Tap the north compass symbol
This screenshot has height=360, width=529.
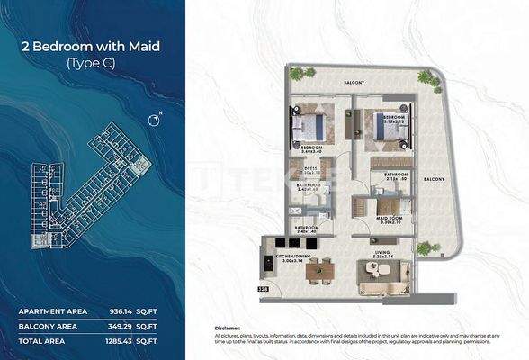pos(155,120)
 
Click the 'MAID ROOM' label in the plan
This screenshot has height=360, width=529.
pos(388,216)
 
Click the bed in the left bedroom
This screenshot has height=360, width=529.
pos(313,125)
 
